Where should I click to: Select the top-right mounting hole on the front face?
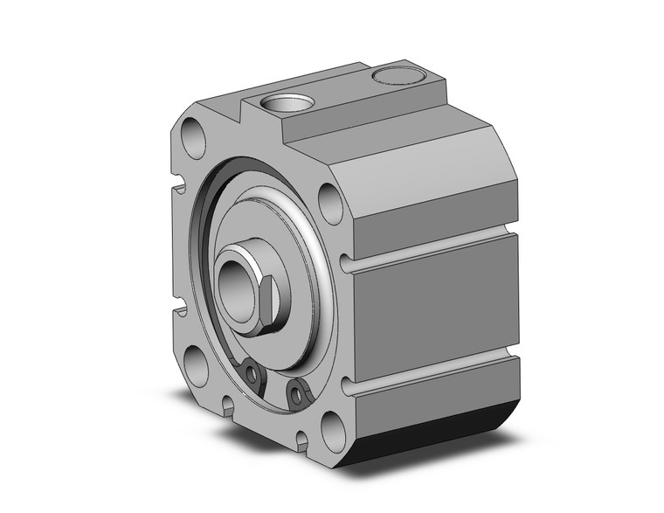click(x=330, y=203)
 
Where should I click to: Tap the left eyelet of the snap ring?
click(x=253, y=375)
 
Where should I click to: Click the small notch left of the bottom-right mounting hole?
click(x=302, y=438)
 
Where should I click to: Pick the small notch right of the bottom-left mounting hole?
click(x=228, y=403)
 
